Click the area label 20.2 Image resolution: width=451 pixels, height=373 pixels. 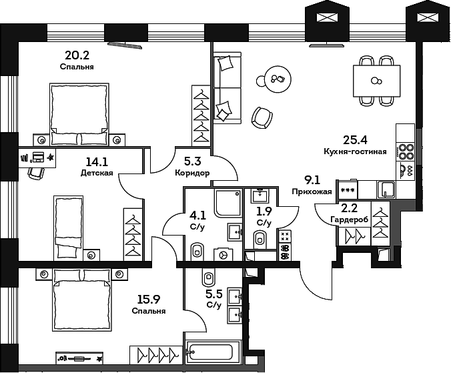pos(76,56)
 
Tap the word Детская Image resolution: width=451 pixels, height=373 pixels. pos(97,172)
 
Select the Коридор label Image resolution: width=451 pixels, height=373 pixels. pos(192,172)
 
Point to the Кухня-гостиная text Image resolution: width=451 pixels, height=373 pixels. pos(355,151)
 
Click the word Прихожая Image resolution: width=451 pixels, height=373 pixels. pos(312,191)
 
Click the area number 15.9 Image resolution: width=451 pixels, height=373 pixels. pos(149,299)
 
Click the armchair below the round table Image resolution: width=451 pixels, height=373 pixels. pos(262,117)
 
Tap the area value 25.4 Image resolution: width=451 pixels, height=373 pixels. pos(354,140)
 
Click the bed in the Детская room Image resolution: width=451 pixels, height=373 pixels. pos(68,227)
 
